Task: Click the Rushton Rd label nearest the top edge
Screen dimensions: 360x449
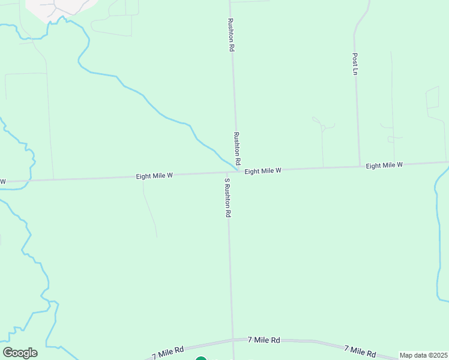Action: point(230,34)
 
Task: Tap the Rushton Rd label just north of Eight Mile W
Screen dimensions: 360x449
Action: point(237,149)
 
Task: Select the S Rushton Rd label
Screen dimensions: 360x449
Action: point(228,197)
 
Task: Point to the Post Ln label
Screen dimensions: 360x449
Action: point(355,64)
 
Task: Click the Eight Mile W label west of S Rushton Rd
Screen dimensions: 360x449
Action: point(154,176)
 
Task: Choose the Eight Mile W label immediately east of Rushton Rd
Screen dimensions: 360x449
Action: point(263,171)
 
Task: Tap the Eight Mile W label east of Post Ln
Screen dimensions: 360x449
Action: point(384,165)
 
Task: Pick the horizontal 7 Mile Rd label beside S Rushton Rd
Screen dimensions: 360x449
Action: point(264,340)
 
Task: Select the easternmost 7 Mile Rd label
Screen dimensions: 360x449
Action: point(360,351)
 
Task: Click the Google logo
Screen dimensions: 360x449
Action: point(20,353)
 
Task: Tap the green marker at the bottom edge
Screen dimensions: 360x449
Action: point(201,359)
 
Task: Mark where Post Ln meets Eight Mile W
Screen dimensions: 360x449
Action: point(359,166)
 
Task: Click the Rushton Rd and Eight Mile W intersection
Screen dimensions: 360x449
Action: point(237,172)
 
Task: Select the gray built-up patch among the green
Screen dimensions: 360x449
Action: point(60,6)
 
